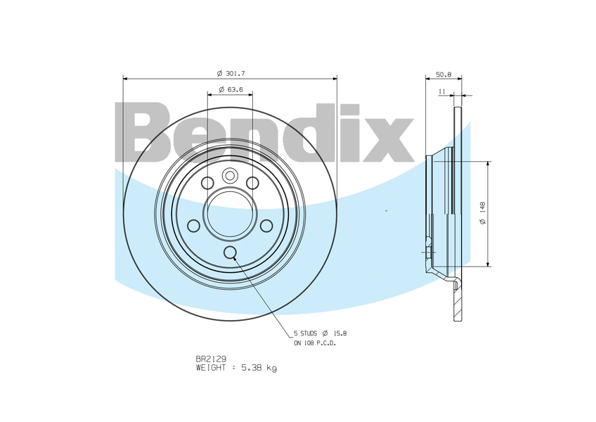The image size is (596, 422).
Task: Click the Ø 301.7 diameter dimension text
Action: tap(231, 73)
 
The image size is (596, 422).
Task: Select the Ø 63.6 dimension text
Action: tap(231, 90)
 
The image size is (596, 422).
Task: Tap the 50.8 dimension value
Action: tap(443, 75)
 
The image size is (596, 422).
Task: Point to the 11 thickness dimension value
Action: tap(441, 91)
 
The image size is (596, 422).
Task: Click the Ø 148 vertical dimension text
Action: tap(483, 214)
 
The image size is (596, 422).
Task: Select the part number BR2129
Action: tap(211, 359)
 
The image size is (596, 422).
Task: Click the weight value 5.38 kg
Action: tap(259, 368)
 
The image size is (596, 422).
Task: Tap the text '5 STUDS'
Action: tap(305, 333)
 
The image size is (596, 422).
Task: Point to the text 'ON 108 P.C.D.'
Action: tap(315, 343)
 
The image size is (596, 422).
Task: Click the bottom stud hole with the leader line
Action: tap(230, 252)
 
